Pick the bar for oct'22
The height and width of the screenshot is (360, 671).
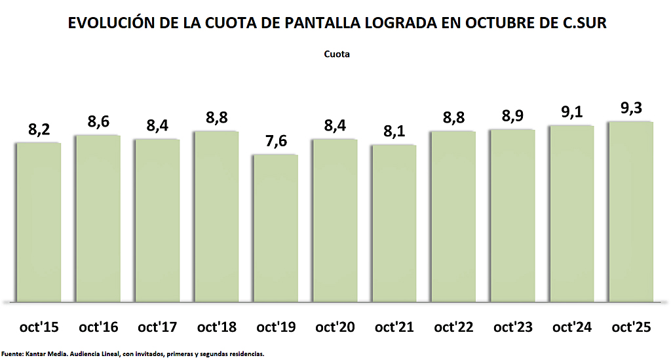(x=453, y=216)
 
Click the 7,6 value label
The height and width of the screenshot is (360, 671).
(x=275, y=142)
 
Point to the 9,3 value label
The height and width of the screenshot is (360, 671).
(x=630, y=108)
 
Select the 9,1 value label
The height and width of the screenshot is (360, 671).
(x=571, y=112)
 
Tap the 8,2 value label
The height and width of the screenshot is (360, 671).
(x=39, y=130)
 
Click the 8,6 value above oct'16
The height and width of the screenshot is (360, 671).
(x=98, y=122)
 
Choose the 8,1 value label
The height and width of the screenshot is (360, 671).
(x=394, y=132)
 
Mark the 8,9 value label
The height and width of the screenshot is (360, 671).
(x=512, y=116)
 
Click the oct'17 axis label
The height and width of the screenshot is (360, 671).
(x=157, y=327)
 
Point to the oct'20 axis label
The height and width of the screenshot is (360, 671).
(x=334, y=327)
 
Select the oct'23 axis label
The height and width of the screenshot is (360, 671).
(x=512, y=327)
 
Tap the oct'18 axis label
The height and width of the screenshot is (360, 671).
(x=216, y=327)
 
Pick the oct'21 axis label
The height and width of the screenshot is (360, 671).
(x=394, y=327)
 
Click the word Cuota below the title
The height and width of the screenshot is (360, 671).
(x=337, y=54)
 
